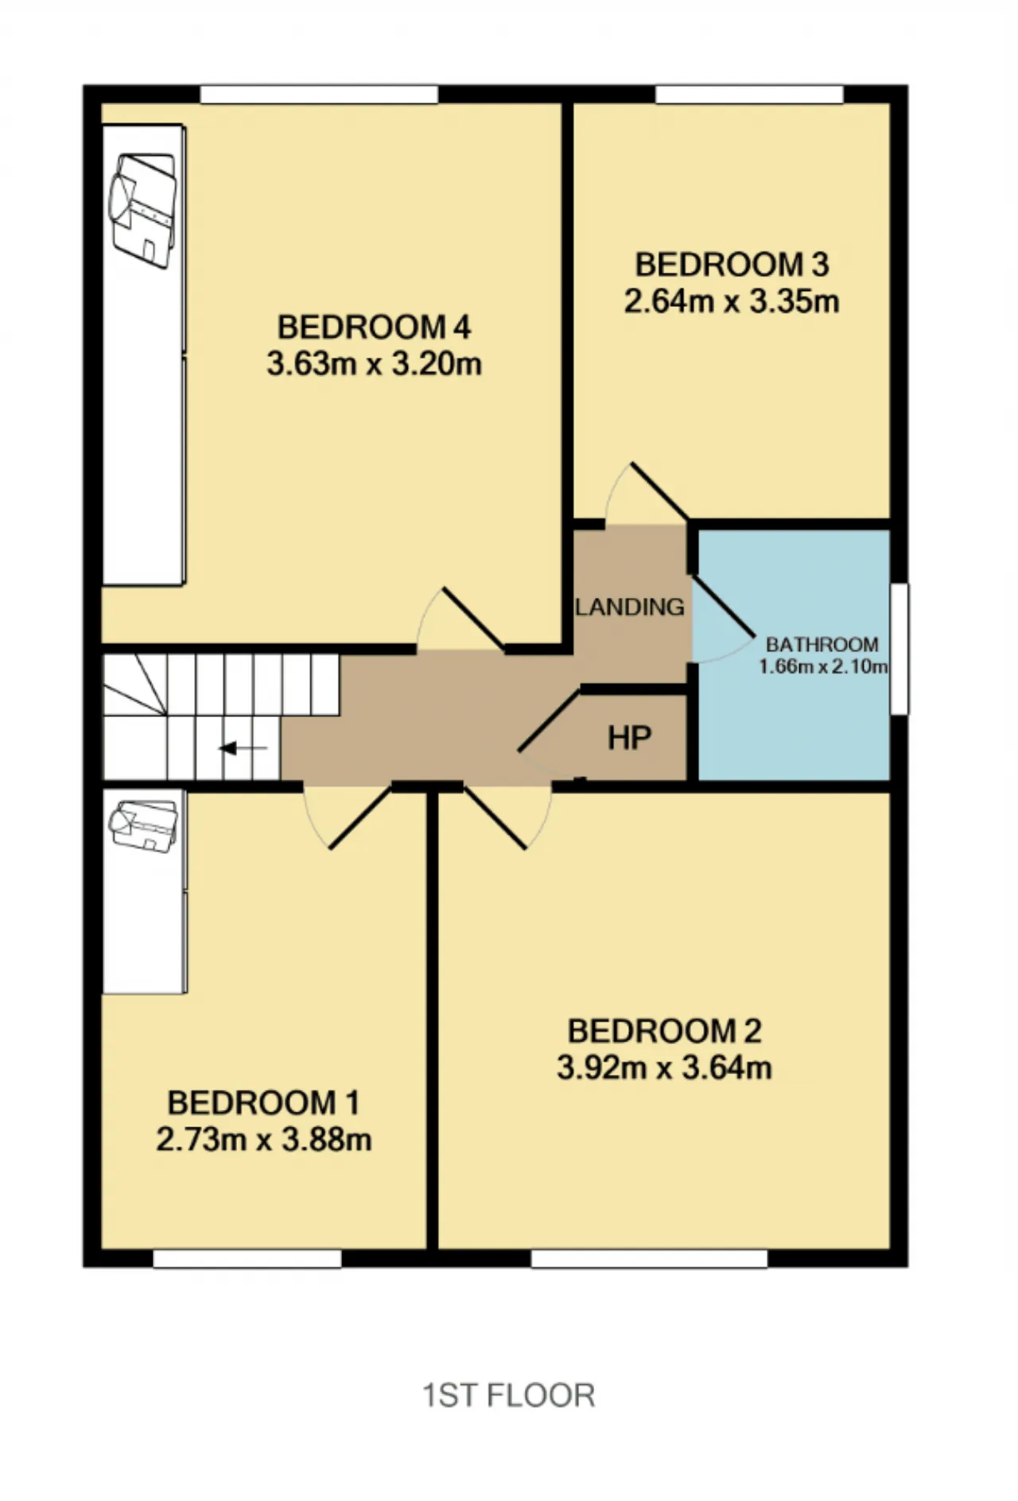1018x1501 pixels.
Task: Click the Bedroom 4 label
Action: coord(374,327)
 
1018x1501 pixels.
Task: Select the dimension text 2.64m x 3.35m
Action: coord(732,302)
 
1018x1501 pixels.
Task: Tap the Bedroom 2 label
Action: coord(664,1031)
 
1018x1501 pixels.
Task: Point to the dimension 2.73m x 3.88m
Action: coord(264,1140)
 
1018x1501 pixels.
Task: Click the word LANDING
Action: coord(630,607)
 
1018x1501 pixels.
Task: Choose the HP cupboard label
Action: coord(630,739)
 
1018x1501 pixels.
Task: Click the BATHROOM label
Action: coord(822,644)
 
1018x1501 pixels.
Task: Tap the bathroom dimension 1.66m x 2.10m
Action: coord(823,666)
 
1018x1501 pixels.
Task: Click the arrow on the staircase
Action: coord(243,748)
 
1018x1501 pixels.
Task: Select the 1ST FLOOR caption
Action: coord(508,1396)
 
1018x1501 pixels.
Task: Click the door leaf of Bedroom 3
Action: coord(659,491)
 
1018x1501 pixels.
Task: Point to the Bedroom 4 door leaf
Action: coord(472,619)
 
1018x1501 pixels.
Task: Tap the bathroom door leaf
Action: coord(723,606)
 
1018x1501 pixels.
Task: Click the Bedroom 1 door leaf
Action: coord(360,818)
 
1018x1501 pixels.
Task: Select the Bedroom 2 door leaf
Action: coord(495,818)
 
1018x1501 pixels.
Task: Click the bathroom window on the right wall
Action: coord(899,649)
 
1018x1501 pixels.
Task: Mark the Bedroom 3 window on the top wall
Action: coord(749,94)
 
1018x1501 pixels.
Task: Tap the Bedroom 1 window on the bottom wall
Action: coord(247,1259)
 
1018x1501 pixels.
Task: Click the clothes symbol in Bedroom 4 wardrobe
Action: coord(143,210)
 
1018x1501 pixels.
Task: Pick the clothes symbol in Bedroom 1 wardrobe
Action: coord(143,826)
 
